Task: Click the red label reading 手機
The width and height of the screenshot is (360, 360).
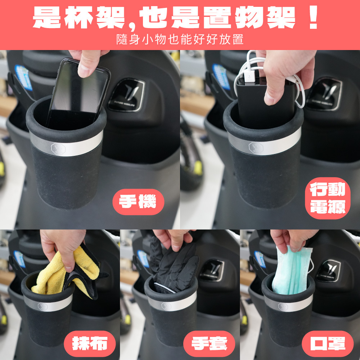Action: click(x=138, y=202)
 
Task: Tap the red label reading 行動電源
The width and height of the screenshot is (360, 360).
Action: click(x=328, y=198)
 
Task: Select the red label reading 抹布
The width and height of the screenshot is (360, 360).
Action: click(x=90, y=344)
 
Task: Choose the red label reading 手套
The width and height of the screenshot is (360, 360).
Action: click(x=209, y=344)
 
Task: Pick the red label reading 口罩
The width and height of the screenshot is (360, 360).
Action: click(x=328, y=344)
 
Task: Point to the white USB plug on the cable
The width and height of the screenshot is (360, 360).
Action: click(x=249, y=76)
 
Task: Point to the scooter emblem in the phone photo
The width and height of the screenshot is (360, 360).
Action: click(x=127, y=95)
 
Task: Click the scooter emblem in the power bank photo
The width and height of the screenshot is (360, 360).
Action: click(x=324, y=94)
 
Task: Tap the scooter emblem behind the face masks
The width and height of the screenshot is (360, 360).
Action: click(x=328, y=271)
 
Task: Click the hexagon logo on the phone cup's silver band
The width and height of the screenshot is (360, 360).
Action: click(x=58, y=149)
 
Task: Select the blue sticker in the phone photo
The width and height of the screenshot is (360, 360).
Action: click(x=23, y=77)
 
